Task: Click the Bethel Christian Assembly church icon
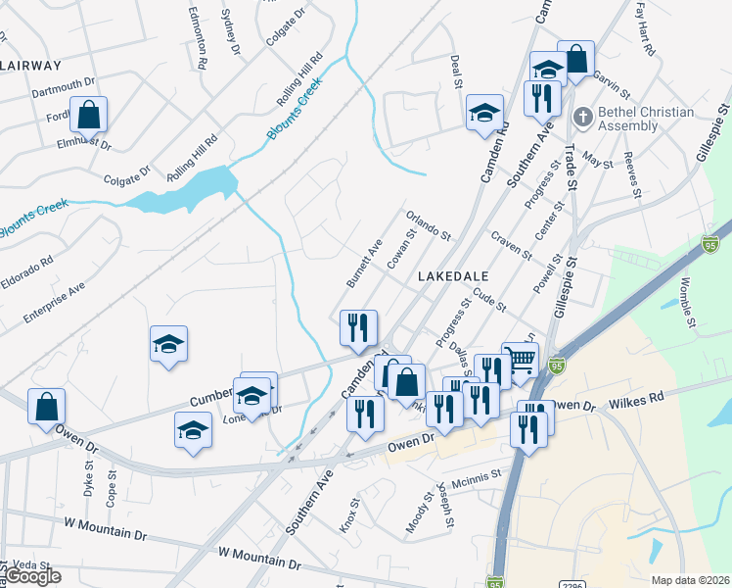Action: coord(582,118)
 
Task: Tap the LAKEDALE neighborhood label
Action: coord(452,277)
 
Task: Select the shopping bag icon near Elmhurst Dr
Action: coord(88,116)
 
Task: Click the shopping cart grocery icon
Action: coord(520,360)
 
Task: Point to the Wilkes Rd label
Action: coord(636,401)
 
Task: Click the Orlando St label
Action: coord(428,227)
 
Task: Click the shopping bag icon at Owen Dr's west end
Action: coord(46,407)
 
